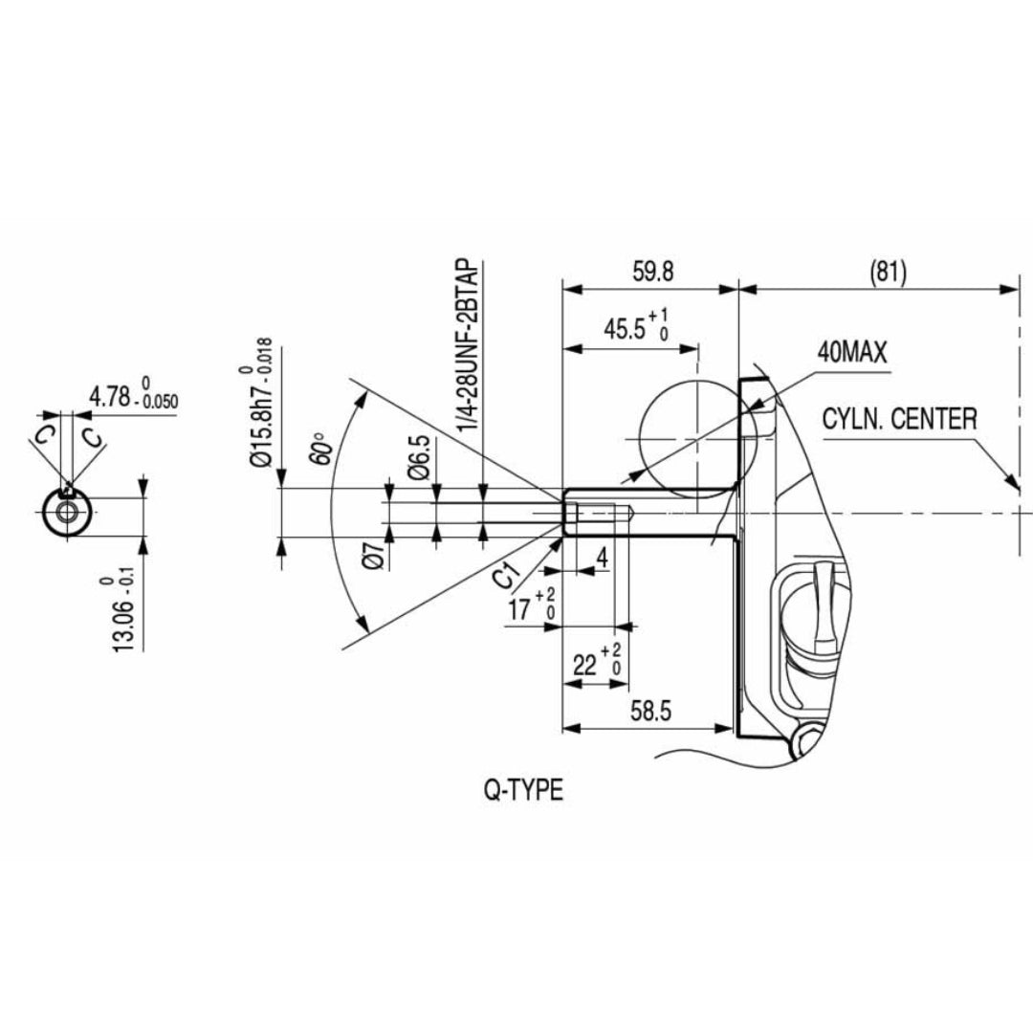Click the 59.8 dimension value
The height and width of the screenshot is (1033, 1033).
click(x=653, y=272)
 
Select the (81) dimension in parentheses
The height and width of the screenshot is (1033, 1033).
click(x=888, y=272)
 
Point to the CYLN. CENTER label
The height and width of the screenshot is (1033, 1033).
click(x=899, y=419)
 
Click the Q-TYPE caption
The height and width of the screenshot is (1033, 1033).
click(x=523, y=791)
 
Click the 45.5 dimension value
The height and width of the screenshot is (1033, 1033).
click(x=631, y=327)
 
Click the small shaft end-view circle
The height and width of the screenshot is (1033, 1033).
click(x=68, y=512)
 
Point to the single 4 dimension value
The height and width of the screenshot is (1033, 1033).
click(x=601, y=556)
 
